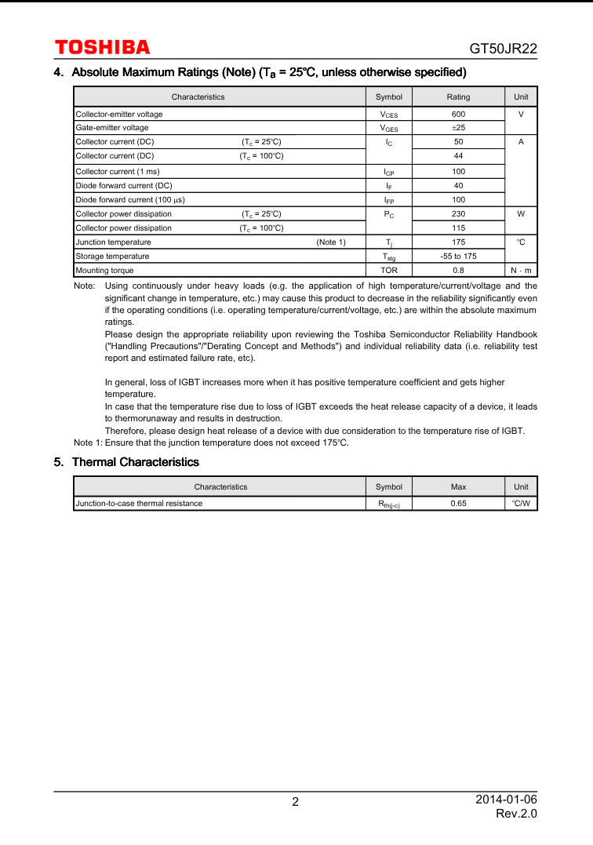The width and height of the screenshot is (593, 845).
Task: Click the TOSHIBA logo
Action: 102,48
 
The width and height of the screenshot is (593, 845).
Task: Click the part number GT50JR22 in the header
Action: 503,49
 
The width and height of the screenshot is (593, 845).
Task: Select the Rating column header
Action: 458,97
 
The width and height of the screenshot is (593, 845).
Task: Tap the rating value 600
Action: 458,115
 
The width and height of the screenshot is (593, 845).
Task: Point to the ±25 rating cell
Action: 458,128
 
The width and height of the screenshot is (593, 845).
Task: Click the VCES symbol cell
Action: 388,115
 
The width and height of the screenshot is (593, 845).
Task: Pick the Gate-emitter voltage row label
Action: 112,128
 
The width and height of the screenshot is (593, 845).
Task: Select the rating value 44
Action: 458,156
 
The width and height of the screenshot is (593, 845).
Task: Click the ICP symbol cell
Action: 388,172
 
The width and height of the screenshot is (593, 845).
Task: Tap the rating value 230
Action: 458,214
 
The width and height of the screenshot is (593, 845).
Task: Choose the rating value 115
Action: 458,228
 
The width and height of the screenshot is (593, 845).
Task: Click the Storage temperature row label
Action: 112,257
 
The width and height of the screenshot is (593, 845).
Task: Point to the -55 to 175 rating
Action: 458,257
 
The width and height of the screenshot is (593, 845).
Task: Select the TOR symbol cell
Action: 388,271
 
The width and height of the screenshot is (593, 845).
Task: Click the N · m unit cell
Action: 521,271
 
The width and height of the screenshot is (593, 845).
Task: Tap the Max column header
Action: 458,487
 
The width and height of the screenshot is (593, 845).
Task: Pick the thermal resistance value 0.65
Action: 458,504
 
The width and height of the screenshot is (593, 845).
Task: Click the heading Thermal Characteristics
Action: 135,462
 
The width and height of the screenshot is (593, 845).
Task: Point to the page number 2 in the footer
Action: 295,802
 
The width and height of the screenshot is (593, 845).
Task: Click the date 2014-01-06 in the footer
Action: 506,799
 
